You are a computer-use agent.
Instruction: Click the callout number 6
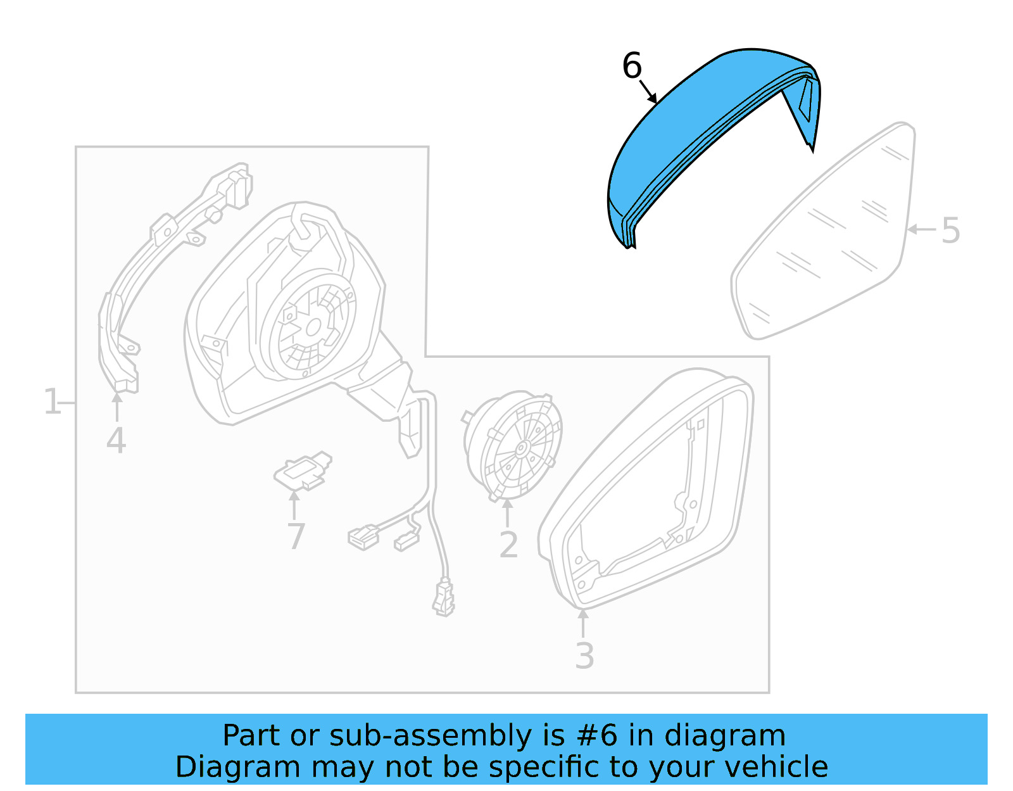point(632,66)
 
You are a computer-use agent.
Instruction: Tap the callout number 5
point(950,231)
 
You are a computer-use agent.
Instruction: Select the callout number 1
point(52,402)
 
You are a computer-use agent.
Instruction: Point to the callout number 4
point(116,441)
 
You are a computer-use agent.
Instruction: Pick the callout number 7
point(296,536)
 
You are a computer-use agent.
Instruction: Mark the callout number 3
point(584,656)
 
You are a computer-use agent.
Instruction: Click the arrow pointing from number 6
point(648,92)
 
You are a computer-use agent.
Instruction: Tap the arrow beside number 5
point(921,229)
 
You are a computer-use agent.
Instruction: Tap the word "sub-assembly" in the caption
point(431,736)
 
